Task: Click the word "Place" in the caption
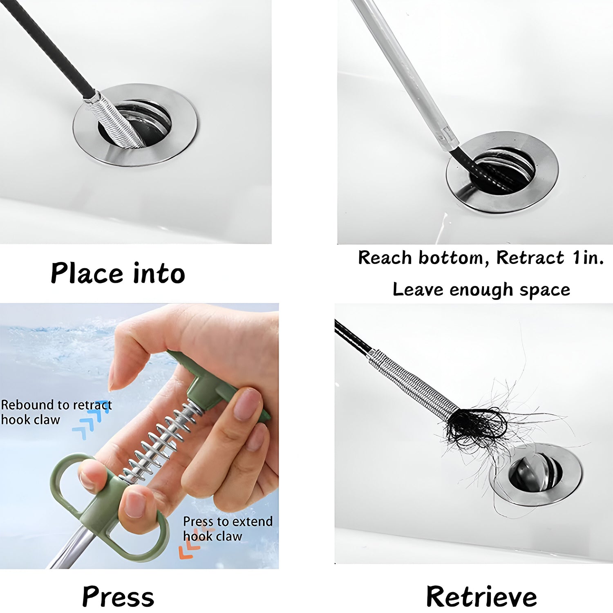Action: pos(87,273)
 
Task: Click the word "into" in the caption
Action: pos(159,273)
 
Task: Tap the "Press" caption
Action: pos(118,597)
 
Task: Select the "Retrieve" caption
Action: pos(481,597)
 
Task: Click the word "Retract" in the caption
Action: pos(530,258)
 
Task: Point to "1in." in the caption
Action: pos(588,258)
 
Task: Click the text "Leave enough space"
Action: pos(481,289)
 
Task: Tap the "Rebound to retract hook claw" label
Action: pos(56,412)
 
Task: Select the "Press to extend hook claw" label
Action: pos(227,528)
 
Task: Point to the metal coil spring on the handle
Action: pos(163,441)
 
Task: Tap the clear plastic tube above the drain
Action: pos(405,74)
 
